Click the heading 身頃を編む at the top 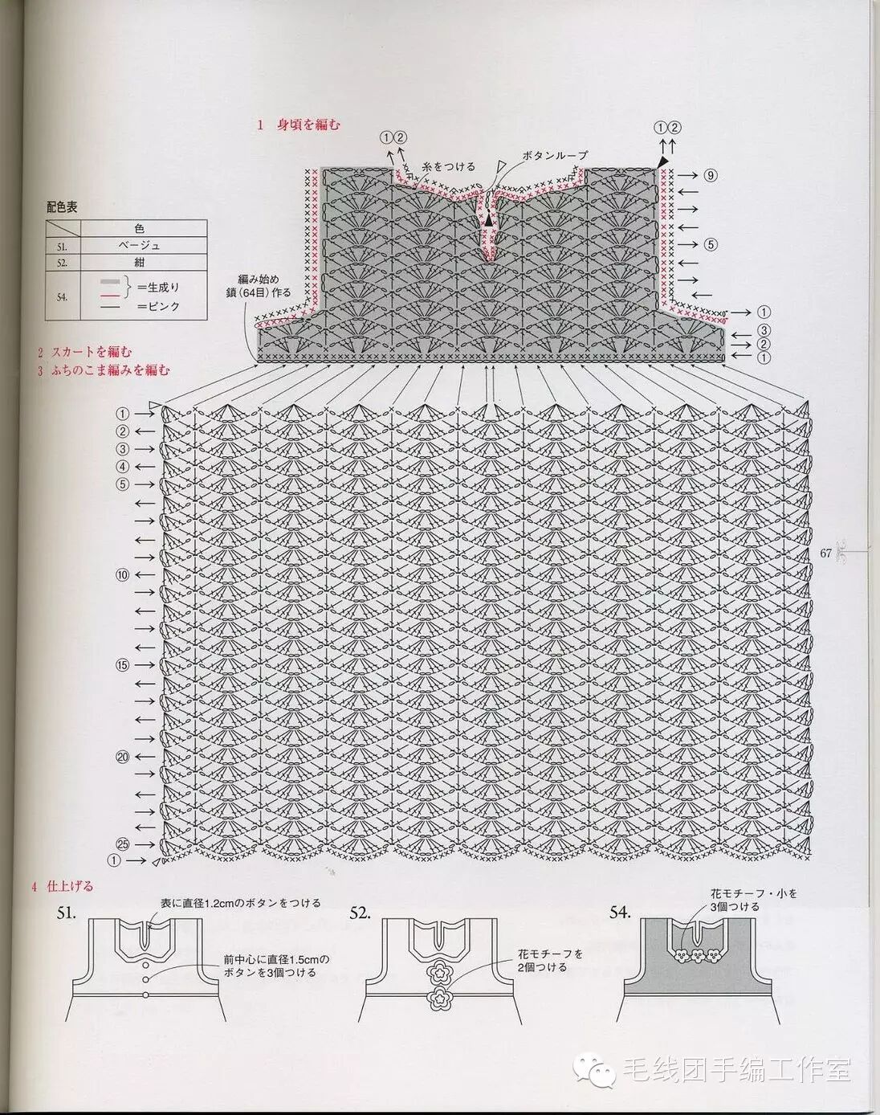(308, 125)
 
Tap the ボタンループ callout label (555, 155)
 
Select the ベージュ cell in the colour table (139, 246)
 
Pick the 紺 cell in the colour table (139, 263)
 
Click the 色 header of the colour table (139, 229)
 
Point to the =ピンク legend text (158, 306)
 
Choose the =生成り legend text (158, 287)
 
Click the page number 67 (825, 553)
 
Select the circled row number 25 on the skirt (122, 844)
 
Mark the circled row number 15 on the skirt (122, 665)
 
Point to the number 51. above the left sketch (67, 913)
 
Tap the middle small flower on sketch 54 (696, 956)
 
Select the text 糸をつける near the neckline (449, 166)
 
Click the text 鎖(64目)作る (259, 292)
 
